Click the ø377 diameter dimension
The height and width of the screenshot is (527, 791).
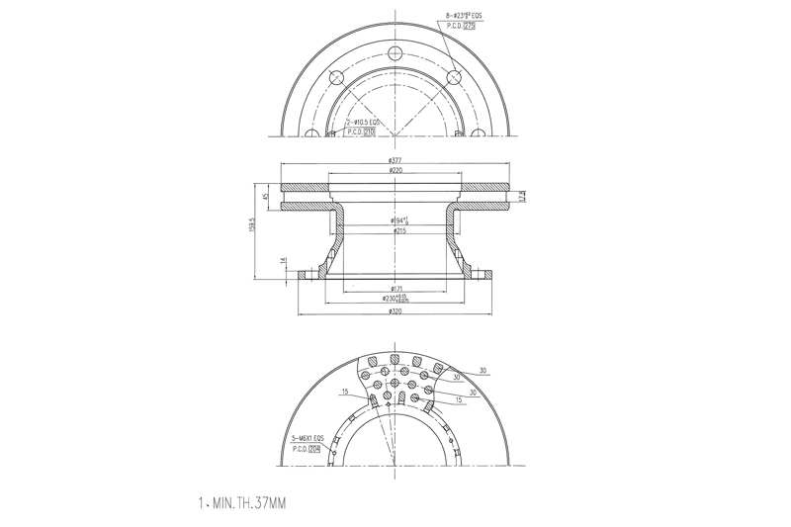pos(395,159)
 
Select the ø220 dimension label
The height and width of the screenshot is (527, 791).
pos(395,171)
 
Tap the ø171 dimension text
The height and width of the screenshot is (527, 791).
pos(395,289)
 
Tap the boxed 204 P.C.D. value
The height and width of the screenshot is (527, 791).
pos(314,449)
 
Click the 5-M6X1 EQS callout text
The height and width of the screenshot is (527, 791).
pos(307,438)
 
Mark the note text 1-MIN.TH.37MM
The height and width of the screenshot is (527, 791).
pos(242,503)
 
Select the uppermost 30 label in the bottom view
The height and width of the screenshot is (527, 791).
pos(483,371)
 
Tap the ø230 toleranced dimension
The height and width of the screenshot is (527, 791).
pos(395,298)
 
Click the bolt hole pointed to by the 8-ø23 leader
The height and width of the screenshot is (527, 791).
pos(455,77)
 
